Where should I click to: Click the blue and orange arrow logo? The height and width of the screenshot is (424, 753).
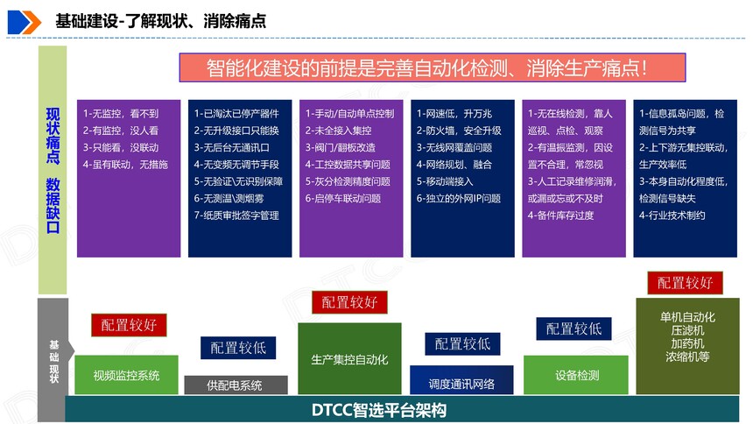24,22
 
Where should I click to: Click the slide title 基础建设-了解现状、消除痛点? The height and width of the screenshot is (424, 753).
160,21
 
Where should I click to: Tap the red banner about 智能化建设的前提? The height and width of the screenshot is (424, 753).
433,67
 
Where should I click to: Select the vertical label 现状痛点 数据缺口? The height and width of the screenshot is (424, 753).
53,170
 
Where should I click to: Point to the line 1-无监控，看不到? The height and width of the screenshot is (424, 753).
121,114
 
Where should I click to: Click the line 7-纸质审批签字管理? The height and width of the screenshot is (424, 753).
236,216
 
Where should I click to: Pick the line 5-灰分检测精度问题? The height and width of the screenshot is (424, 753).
348,181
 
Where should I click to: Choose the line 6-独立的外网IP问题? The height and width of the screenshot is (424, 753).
459,199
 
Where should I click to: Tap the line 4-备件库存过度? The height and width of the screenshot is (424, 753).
560,216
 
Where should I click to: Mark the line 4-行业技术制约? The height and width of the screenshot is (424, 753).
672,216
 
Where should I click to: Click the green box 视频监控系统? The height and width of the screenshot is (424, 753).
126,375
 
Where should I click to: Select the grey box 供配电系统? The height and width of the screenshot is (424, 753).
236,385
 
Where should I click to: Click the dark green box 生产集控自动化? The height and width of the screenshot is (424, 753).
349,358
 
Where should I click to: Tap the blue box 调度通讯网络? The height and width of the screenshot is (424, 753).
461,380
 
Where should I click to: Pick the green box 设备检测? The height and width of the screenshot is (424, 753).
576,375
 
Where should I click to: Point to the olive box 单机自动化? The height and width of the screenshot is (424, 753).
687,346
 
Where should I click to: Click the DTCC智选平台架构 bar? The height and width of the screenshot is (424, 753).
402,410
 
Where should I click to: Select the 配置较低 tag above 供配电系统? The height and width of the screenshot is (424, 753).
238,348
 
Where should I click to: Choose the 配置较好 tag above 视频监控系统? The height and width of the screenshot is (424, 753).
129,325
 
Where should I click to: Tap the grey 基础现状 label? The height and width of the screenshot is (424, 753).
53,361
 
